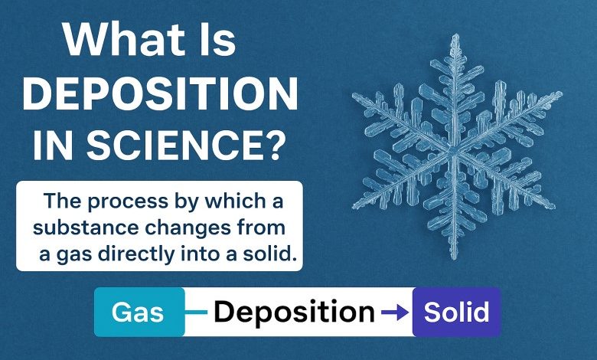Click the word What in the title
pos(125,40)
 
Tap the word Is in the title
pos(219,40)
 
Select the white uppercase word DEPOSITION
pos(160,93)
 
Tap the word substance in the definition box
pos(86,227)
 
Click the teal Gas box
pos(139,312)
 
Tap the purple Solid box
pos(456,312)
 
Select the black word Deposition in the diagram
pos(295,313)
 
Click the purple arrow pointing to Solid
pos(395,313)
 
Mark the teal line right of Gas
pos(196,313)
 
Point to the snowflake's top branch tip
pos(455,34)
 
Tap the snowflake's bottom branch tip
pos(453,259)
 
